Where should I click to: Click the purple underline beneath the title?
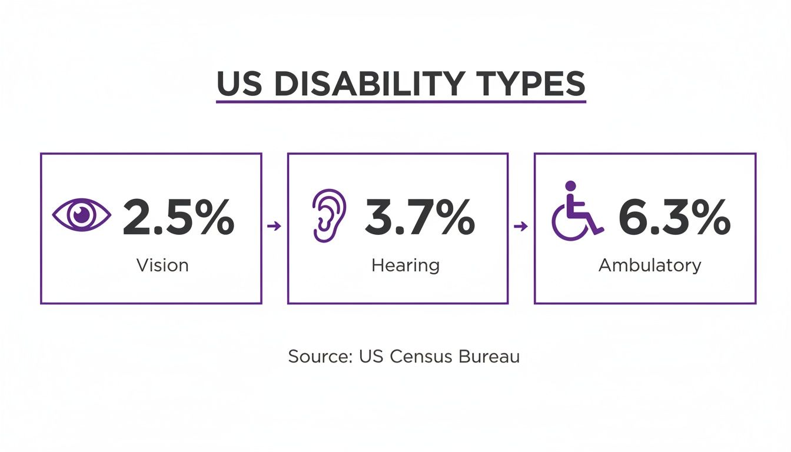[401, 102]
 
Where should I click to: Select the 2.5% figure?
[178, 218]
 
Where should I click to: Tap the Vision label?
[162, 265]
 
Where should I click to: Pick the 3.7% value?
[419, 218]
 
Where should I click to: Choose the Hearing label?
[406, 265]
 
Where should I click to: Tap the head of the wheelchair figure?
[570, 185]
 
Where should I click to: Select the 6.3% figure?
[674, 218]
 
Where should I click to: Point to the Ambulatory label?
[650, 265]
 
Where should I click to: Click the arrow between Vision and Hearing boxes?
[274, 225]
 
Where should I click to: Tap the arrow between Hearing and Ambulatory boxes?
[521, 225]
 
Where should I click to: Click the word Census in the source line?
[413, 356]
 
